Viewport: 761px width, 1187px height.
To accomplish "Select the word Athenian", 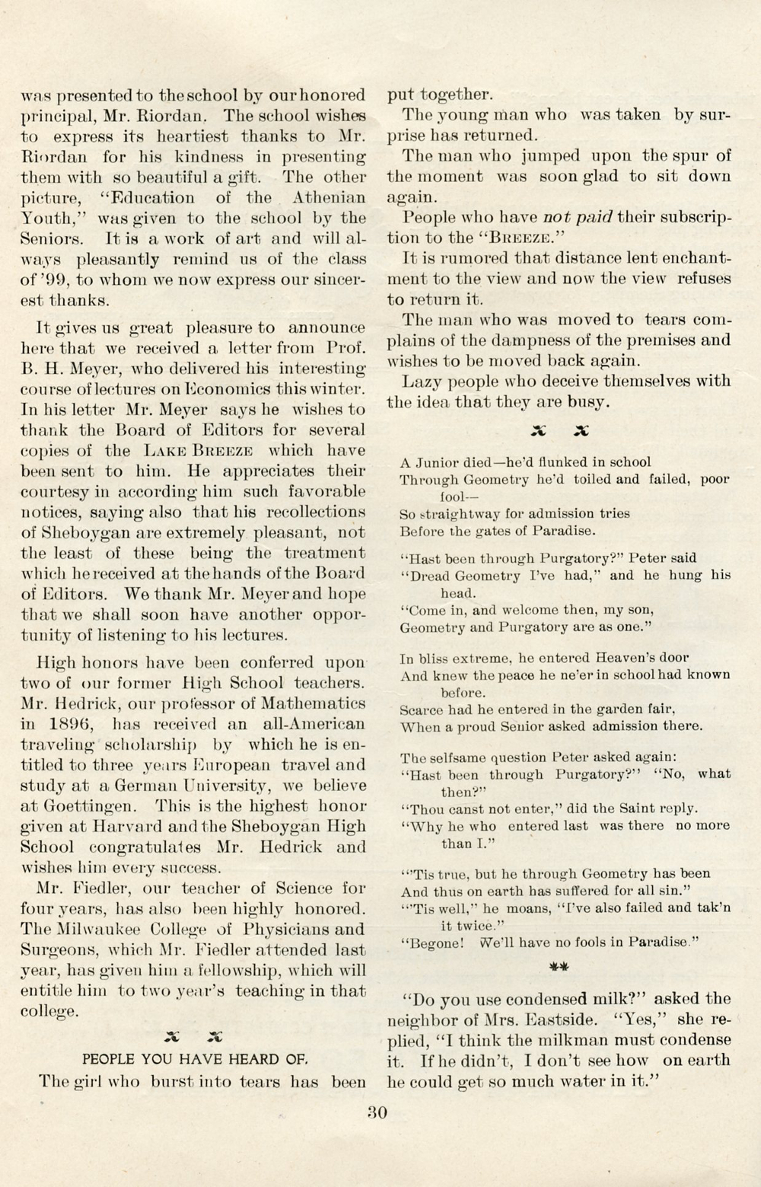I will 329,198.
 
